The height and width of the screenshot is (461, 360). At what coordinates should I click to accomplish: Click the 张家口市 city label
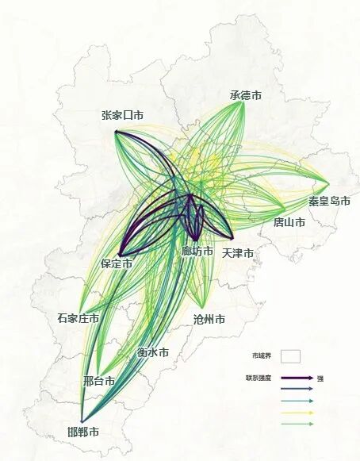(x=122, y=115)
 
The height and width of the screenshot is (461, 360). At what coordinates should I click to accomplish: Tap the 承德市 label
(x=246, y=95)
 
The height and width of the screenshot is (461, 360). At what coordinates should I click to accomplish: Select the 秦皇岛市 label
(x=329, y=201)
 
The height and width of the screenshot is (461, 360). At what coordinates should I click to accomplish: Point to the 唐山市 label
(x=289, y=223)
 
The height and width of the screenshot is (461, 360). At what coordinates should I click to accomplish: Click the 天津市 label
(x=238, y=253)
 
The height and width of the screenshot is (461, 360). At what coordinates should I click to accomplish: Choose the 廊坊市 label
(x=197, y=252)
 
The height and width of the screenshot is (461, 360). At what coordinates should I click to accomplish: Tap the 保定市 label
(x=117, y=263)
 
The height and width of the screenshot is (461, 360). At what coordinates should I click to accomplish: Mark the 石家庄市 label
(x=78, y=318)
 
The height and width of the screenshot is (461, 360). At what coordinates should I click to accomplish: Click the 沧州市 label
(x=209, y=320)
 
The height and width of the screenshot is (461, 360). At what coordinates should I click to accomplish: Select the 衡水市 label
(x=152, y=352)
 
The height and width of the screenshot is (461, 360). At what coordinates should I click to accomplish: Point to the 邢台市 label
(x=99, y=381)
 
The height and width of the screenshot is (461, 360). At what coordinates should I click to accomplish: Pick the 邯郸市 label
(x=83, y=432)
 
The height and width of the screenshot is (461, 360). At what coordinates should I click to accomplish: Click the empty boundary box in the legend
(x=290, y=356)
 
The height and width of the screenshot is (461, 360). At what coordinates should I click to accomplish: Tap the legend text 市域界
(x=261, y=356)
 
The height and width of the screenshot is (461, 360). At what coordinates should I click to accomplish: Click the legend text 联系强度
(x=259, y=377)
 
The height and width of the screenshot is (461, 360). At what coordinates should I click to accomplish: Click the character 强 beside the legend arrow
(x=321, y=378)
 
